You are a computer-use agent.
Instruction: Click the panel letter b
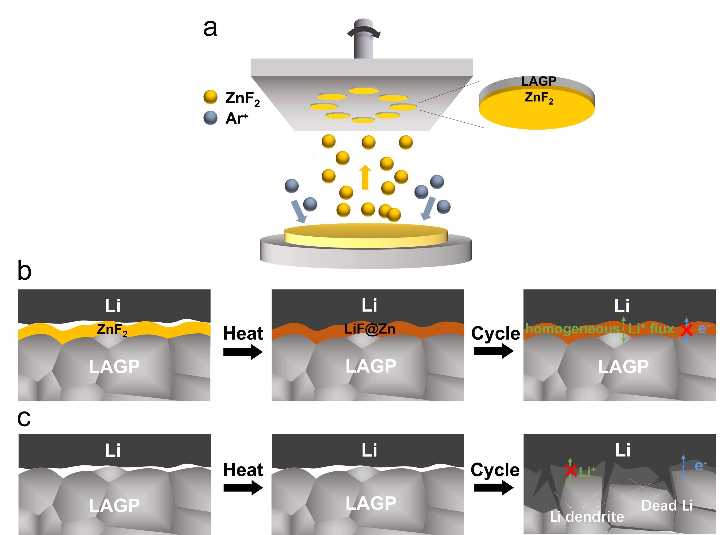tap(24, 271)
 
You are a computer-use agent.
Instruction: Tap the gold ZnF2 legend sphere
tap(210, 97)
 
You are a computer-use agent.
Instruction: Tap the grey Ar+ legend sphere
tap(210, 118)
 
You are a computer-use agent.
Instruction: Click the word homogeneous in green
tap(572, 329)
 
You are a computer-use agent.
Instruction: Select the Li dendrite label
tap(587, 516)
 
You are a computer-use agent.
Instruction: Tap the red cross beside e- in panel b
tap(686, 330)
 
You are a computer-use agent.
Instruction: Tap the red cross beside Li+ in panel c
tap(571, 470)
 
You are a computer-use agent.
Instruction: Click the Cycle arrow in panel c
tap(494, 487)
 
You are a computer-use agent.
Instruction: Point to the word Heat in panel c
tap(243, 470)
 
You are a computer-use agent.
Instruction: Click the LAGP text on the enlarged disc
tap(539, 81)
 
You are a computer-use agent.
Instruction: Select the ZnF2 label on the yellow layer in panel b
tap(112, 329)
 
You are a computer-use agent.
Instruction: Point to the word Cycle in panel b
tap(495, 333)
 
